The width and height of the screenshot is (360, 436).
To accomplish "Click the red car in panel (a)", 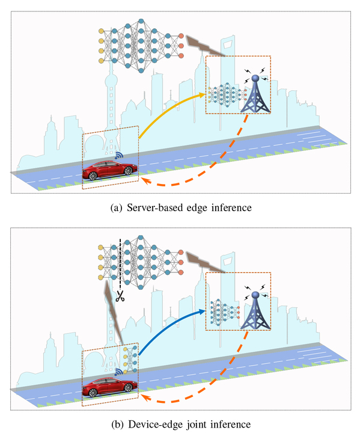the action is (x=109, y=170).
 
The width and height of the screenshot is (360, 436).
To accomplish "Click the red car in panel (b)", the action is (x=109, y=387).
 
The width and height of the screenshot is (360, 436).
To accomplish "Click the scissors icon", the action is (x=120, y=296).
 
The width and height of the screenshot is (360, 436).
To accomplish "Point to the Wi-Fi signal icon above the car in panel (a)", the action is (x=119, y=156).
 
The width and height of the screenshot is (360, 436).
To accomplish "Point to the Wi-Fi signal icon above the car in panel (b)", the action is (x=119, y=372).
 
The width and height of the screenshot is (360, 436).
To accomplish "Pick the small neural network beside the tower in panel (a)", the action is (x=227, y=94).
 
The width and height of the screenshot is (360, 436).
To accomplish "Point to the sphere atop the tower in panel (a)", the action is (x=255, y=78).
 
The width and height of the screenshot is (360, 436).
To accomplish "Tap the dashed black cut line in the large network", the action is (x=120, y=263).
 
